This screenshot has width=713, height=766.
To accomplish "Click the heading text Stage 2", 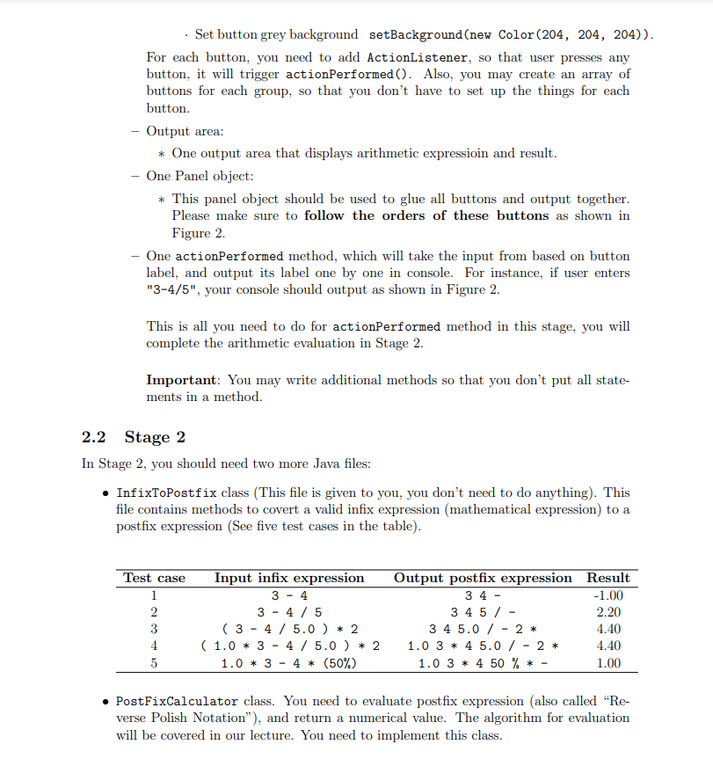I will pos(155,437).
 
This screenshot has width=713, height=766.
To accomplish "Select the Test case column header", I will pos(155,578).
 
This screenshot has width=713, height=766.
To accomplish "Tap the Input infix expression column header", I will pos(289,578).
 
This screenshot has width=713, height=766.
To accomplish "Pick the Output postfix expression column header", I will pos(482,578).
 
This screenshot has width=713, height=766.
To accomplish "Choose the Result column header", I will pos(608,578).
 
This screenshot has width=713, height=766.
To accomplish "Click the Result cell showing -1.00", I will pos(608,595).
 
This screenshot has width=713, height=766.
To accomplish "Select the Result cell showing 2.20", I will pos(608,612).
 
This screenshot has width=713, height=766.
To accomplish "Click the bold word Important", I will pos(183,380).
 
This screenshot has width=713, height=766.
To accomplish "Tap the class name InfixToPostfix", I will pos(166,492).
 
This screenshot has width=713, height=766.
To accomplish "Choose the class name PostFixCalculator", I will pos(177,701).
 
